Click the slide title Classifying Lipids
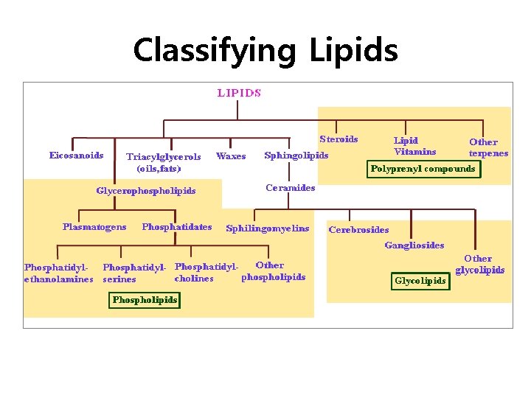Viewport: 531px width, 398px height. [x=265, y=51]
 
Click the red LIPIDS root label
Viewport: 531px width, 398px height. [x=238, y=93]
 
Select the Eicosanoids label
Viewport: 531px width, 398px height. [x=76, y=156]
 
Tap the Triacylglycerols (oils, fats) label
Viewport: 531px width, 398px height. [x=163, y=162]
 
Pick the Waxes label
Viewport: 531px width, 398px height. [x=231, y=156]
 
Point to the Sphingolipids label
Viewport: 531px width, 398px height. [x=296, y=156]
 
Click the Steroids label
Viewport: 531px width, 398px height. [x=339, y=139]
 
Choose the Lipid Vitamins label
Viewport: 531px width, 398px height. [x=414, y=146]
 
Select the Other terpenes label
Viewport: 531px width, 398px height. [x=487, y=147]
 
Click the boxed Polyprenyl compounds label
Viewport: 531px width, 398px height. [x=423, y=169]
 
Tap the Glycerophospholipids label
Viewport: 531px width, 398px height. [x=146, y=191]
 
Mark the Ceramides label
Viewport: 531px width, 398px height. [x=290, y=187]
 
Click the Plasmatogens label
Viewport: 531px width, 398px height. [x=94, y=227]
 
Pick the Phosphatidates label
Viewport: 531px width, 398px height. [x=176, y=227]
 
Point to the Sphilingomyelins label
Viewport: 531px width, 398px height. [x=268, y=228]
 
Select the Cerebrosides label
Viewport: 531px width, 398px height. [x=358, y=230]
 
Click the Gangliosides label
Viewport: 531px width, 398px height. [x=414, y=245]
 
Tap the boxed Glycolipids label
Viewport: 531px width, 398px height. [x=420, y=281]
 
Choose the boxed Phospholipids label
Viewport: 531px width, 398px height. [x=145, y=300]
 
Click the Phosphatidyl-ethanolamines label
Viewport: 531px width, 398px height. [x=59, y=273]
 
